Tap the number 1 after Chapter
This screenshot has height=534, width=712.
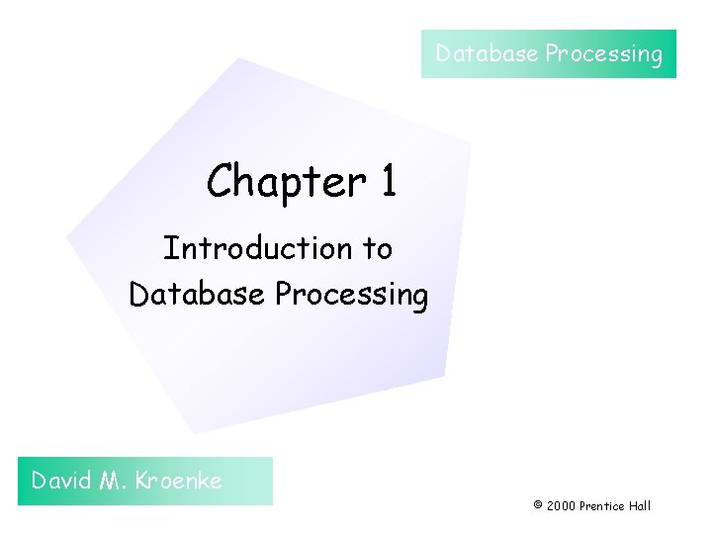pyautogui.click(x=387, y=182)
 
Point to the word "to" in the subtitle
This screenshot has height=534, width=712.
pyautogui.click(x=378, y=249)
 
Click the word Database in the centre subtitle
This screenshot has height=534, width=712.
pyautogui.click(x=198, y=295)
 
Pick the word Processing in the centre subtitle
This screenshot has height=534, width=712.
pyautogui.click(x=351, y=296)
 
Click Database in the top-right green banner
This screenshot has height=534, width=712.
pyautogui.click(x=488, y=53)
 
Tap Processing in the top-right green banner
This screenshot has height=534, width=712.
pyautogui.click(x=604, y=54)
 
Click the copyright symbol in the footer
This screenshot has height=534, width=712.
pyautogui.click(x=538, y=505)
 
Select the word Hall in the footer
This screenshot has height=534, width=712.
pyautogui.click(x=641, y=505)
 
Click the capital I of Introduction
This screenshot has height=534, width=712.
pyautogui.click(x=168, y=248)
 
